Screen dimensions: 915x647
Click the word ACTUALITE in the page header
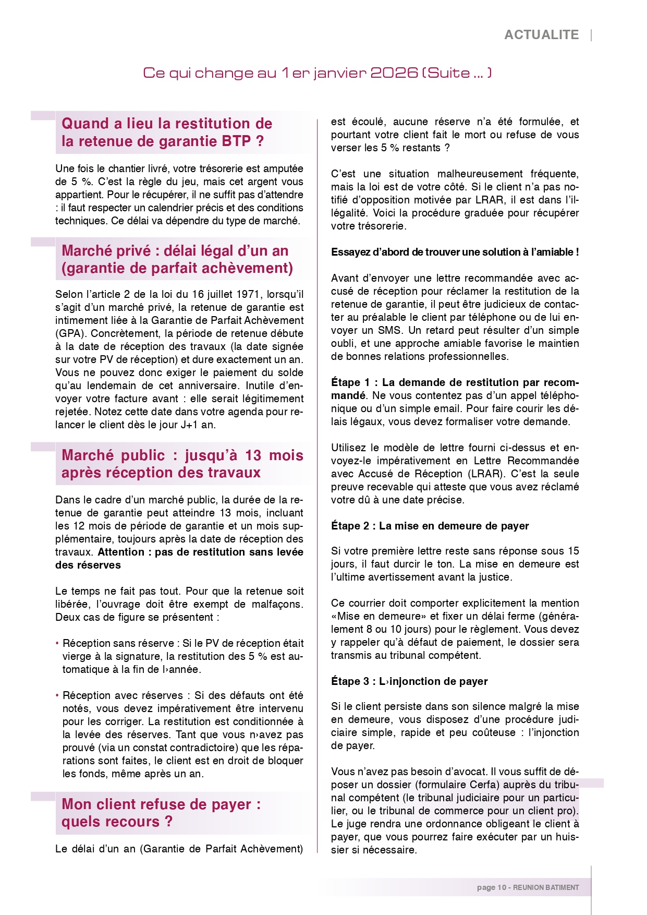541,35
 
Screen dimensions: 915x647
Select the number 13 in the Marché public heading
253,455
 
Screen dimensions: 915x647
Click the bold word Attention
121,552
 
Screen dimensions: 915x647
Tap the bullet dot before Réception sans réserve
57,643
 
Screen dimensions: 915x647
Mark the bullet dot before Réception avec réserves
57,695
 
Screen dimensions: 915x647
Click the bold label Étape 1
350,382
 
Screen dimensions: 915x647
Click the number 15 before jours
573,551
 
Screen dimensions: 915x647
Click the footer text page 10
491,887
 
